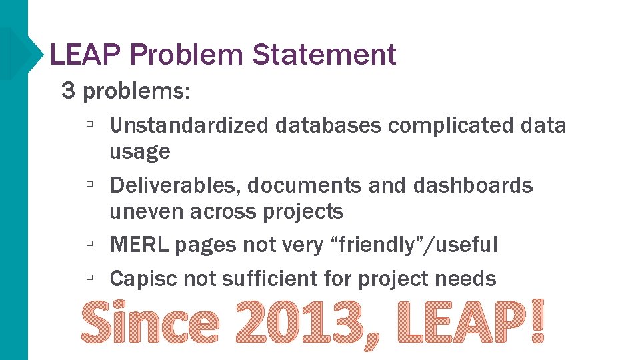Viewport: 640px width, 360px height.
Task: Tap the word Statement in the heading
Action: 324,54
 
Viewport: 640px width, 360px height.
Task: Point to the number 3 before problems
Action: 68,91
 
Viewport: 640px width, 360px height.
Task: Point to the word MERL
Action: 139,245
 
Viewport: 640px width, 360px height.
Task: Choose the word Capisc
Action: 143,278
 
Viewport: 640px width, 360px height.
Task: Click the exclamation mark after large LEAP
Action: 536,322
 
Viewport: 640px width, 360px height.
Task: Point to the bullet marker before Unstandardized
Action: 89,124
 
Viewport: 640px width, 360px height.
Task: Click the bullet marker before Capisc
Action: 89,277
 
